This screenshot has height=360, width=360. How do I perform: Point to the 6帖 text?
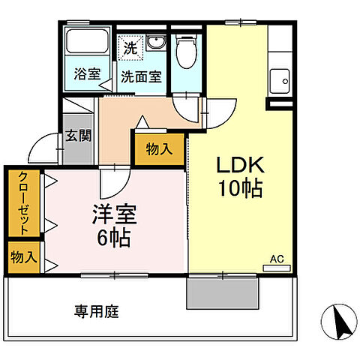(x=114, y=238)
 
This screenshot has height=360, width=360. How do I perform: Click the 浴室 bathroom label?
(x=87, y=74)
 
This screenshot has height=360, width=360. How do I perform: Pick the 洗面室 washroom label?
(x=142, y=76)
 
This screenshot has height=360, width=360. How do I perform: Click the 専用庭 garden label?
(x=96, y=310)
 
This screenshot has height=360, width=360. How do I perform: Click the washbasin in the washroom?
(x=156, y=42)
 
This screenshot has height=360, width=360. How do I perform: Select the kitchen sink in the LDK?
(x=282, y=76)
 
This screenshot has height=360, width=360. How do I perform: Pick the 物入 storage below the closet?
(x=23, y=256)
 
